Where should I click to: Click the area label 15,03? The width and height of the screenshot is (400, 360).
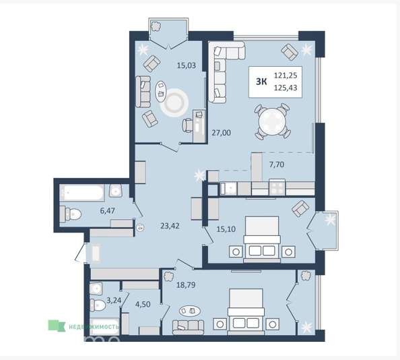[x=186, y=66]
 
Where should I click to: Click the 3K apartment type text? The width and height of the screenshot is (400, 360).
[x=260, y=82]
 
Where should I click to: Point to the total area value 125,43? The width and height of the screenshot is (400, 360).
[x=287, y=88]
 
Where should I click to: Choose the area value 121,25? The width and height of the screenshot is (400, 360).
[x=287, y=76]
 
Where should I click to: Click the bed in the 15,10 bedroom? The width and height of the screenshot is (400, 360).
[x=260, y=237]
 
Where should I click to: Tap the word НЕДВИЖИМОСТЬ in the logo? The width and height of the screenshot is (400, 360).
[x=94, y=327]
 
